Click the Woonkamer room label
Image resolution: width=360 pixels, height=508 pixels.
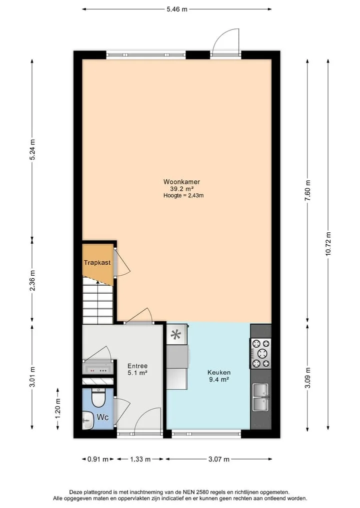click(181, 182)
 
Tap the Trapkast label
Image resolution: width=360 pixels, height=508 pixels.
click(97, 262)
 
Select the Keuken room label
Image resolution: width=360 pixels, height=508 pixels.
click(219, 373)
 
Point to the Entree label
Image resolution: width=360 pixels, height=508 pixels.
click(137, 366)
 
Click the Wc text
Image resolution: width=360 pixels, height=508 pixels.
click(102, 417)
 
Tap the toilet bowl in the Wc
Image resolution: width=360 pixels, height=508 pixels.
click(97, 397)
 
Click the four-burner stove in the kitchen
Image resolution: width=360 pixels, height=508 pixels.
click(260, 354)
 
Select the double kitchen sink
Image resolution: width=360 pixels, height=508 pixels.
click(261, 397)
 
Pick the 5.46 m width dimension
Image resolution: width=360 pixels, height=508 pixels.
click(177, 9)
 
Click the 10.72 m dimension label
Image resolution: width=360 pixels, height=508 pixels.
click(328, 244)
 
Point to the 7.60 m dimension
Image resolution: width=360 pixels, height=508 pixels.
click(308, 190)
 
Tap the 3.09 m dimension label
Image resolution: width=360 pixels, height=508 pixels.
click(308, 378)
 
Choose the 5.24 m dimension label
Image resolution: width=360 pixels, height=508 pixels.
click(32, 149)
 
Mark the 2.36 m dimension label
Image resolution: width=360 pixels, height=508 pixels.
click(32, 280)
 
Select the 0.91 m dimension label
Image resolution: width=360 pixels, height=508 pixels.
click(98, 459)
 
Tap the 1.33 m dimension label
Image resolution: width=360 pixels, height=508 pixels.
click(140, 459)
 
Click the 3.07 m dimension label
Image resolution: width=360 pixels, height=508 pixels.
click(219, 459)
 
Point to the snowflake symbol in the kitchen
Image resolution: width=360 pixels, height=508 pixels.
click(176, 334)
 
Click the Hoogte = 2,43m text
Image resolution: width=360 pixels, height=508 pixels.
click(183, 195)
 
